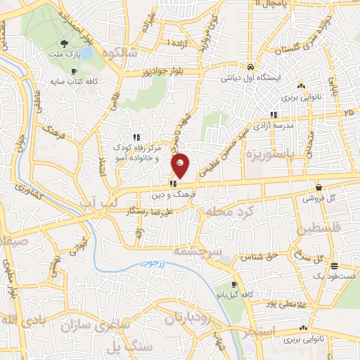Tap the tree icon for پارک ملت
pyautogui.click(x=64, y=44)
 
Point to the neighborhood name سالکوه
pyautogui.click(x=121, y=54)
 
